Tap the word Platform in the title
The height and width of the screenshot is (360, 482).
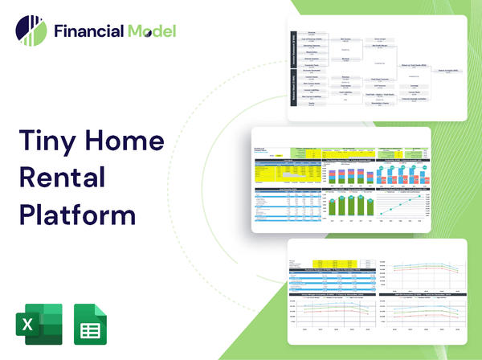(x=77, y=215)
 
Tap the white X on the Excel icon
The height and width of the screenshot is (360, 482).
(x=27, y=325)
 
